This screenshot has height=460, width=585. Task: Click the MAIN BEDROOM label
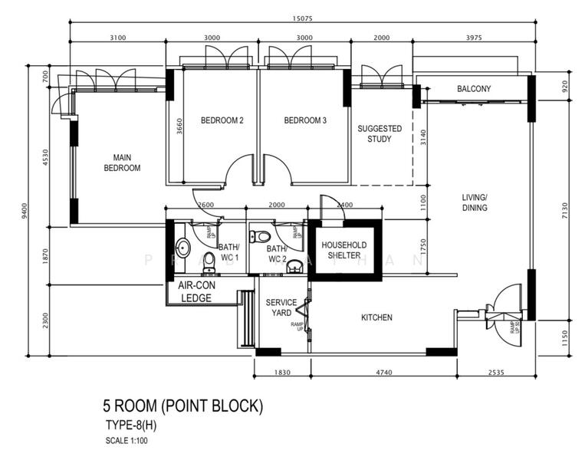(x=122, y=163)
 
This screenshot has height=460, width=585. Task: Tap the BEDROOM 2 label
(x=222, y=120)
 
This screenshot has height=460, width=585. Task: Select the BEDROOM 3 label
(x=305, y=120)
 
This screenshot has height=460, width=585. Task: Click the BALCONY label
(x=474, y=89)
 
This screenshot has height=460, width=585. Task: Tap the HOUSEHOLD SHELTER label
(x=343, y=250)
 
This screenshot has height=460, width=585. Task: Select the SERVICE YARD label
(x=281, y=307)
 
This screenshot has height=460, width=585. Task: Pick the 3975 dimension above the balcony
(x=474, y=37)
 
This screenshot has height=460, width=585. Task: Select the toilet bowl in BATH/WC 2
(x=262, y=236)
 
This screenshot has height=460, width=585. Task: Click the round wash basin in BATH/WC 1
(x=182, y=248)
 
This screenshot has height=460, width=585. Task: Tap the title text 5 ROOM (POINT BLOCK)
(x=182, y=406)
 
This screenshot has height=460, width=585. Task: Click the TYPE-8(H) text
(x=136, y=425)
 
